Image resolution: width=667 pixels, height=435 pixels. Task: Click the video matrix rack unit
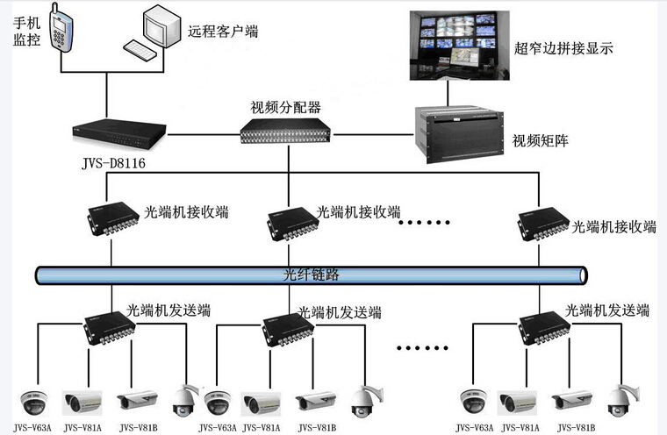(x=458, y=129)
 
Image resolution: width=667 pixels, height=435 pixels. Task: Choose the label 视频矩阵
(x=540, y=139)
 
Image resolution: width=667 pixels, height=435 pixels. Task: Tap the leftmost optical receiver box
(x=112, y=220)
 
